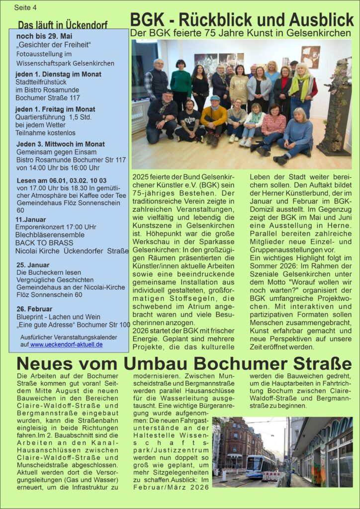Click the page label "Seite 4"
point(25,8)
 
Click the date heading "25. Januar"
point(32,265)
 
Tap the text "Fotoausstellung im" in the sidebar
point(44,54)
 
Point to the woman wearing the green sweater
point(180,84)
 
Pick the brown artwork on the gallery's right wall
point(310,57)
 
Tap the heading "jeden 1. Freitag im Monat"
point(55,109)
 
